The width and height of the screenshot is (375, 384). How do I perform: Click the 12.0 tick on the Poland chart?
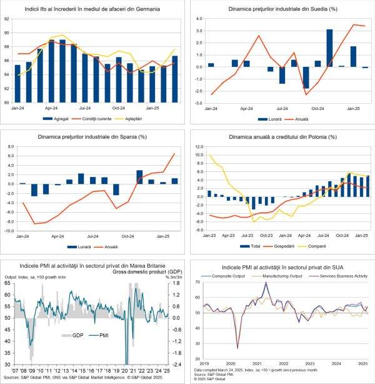[x=198, y=146]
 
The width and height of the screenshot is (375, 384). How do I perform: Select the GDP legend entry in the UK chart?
[x=77, y=336]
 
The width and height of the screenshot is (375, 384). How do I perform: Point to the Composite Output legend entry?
[x=219, y=276]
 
